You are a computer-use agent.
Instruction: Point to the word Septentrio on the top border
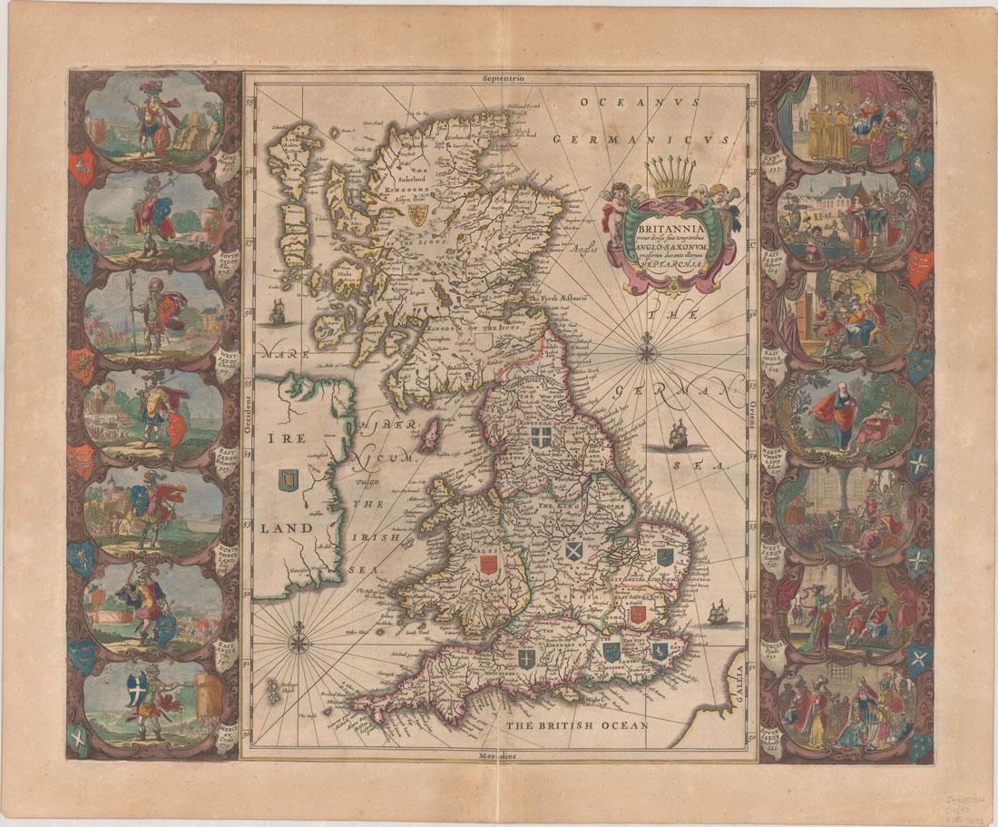499,79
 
